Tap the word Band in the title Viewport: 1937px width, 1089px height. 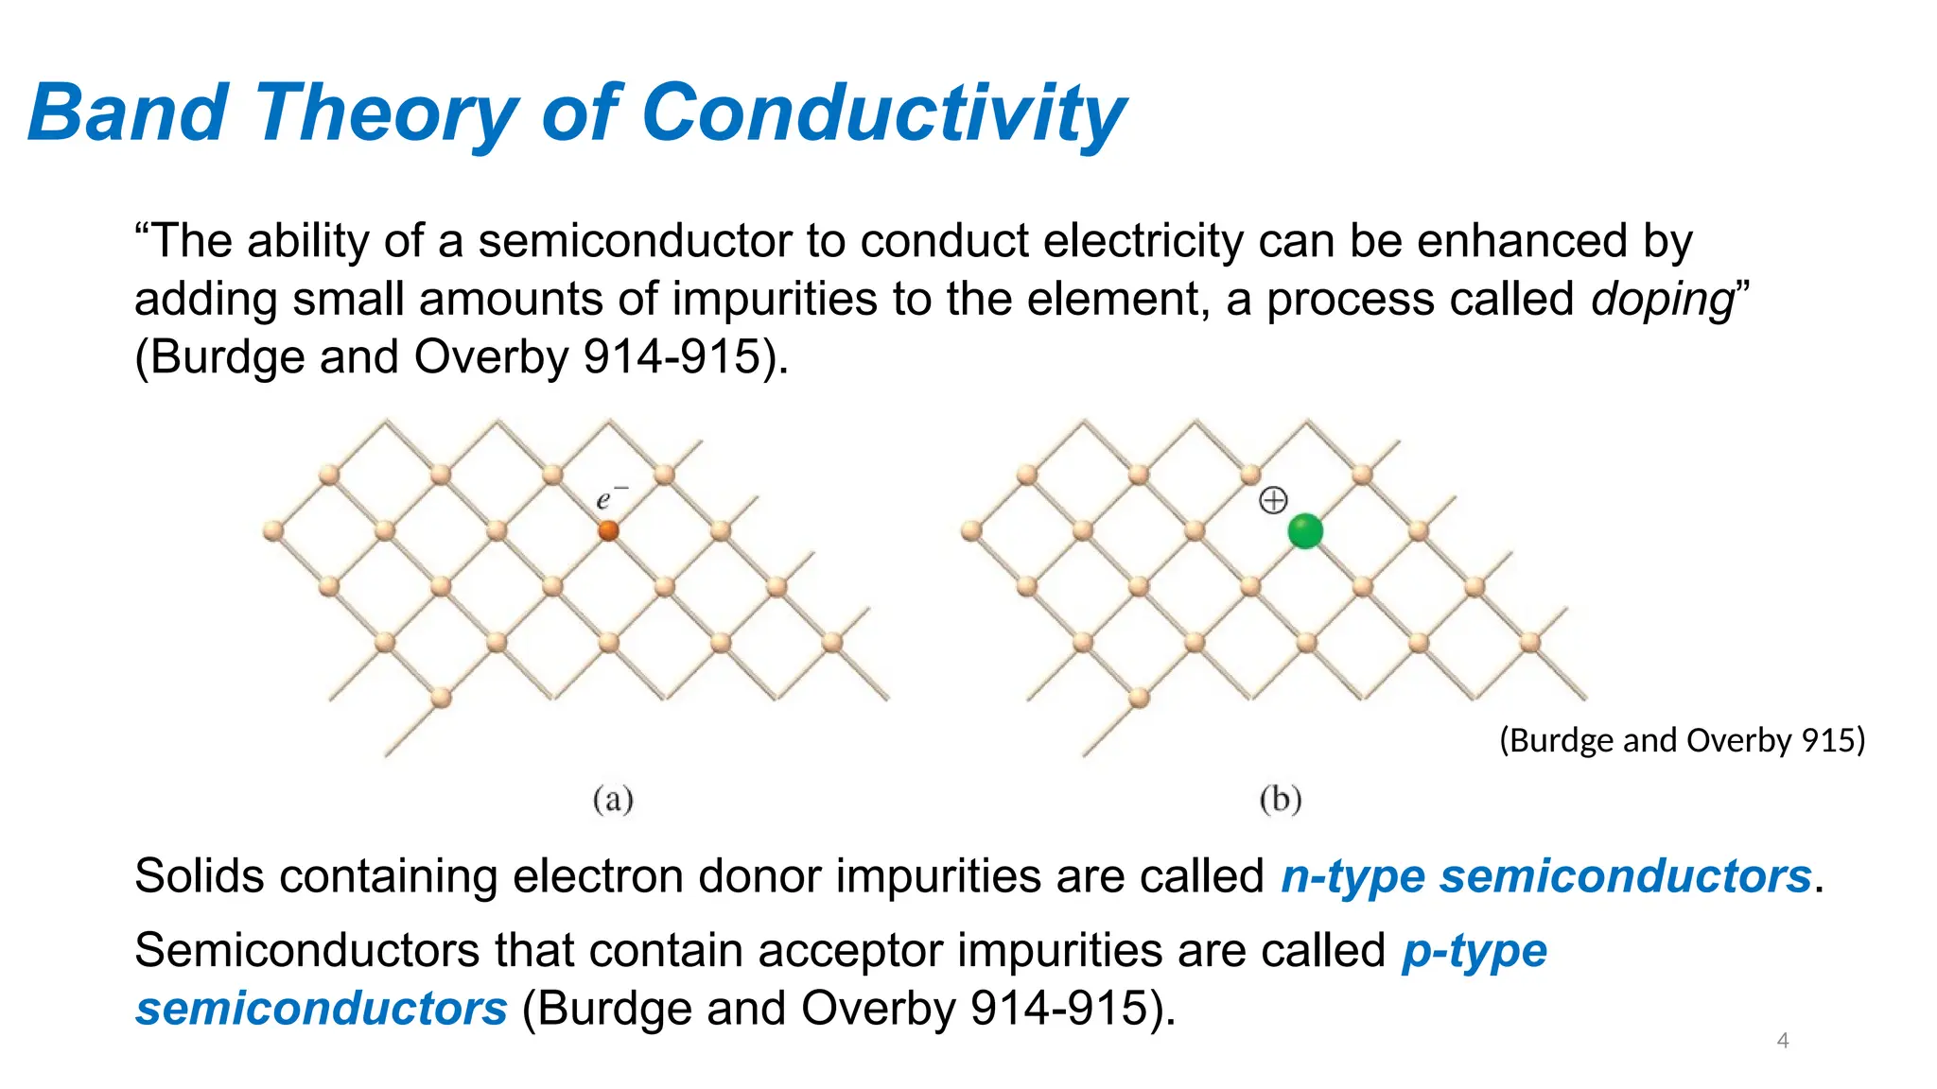pos(128,113)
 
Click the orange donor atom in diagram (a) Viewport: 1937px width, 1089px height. pos(608,530)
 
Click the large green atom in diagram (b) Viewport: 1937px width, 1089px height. pos(1305,531)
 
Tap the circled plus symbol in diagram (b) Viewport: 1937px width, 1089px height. pos(1273,500)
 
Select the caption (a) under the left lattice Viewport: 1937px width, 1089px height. pos(613,800)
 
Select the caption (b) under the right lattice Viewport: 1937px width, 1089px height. pos(1281,800)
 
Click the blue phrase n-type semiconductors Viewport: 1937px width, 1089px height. pos(1545,875)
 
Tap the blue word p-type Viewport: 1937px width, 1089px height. pos(1474,950)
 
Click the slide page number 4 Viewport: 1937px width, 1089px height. pos(1782,1041)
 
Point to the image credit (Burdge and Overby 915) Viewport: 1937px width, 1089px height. pos(1682,740)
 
